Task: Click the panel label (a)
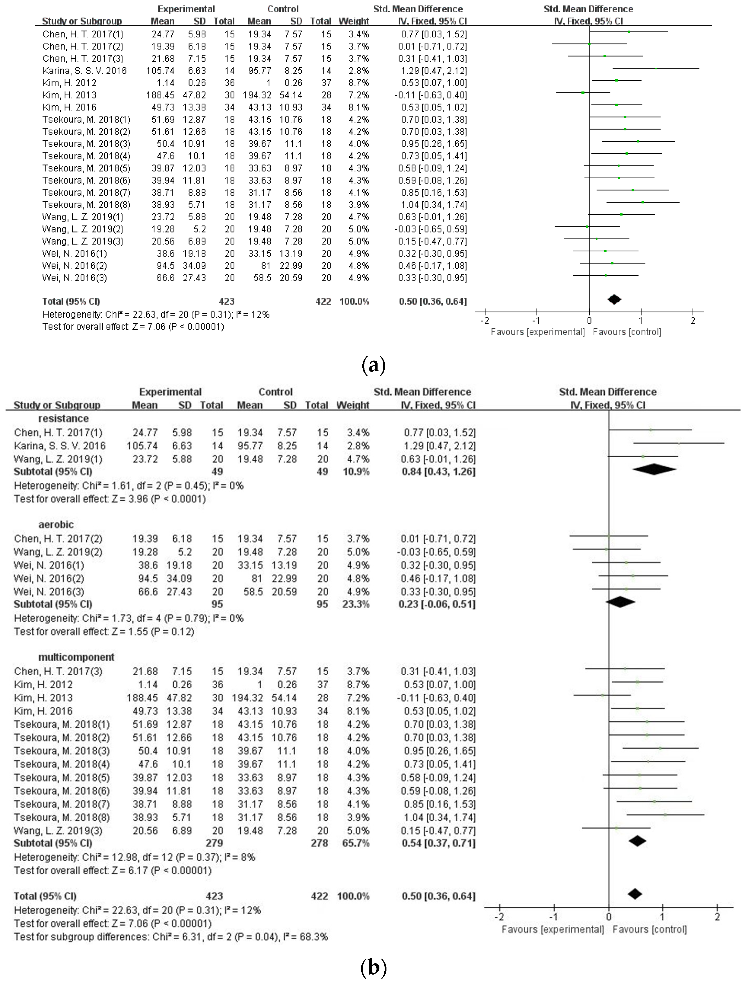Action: [373, 365]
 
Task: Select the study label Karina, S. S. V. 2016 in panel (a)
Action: [85, 71]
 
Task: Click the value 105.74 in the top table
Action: [160, 71]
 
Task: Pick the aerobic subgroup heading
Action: [56, 524]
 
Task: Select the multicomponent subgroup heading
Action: [76, 657]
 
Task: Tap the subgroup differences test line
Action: [171, 937]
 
